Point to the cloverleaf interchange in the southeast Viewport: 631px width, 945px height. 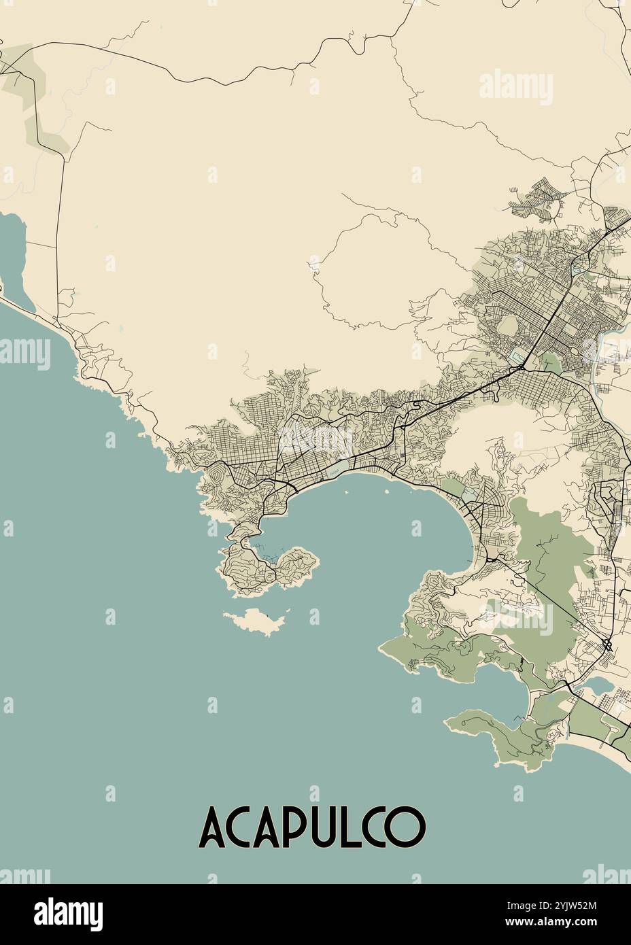tap(607, 644)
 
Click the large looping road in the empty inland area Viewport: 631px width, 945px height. tap(367, 272)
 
